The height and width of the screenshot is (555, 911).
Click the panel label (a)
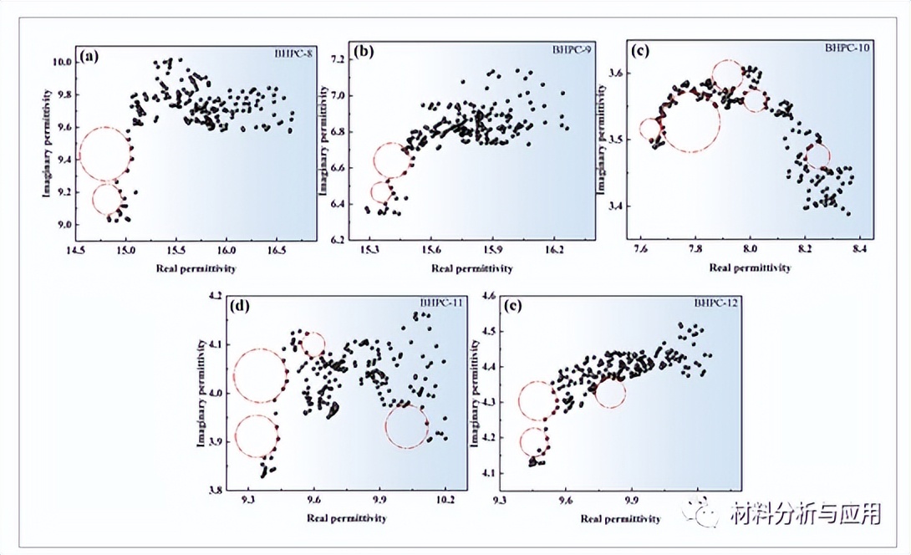(89, 59)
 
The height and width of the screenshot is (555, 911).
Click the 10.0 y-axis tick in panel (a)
(63, 62)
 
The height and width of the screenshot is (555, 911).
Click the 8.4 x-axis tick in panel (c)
(858, 249)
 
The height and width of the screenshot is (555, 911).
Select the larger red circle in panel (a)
(104, 154)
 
